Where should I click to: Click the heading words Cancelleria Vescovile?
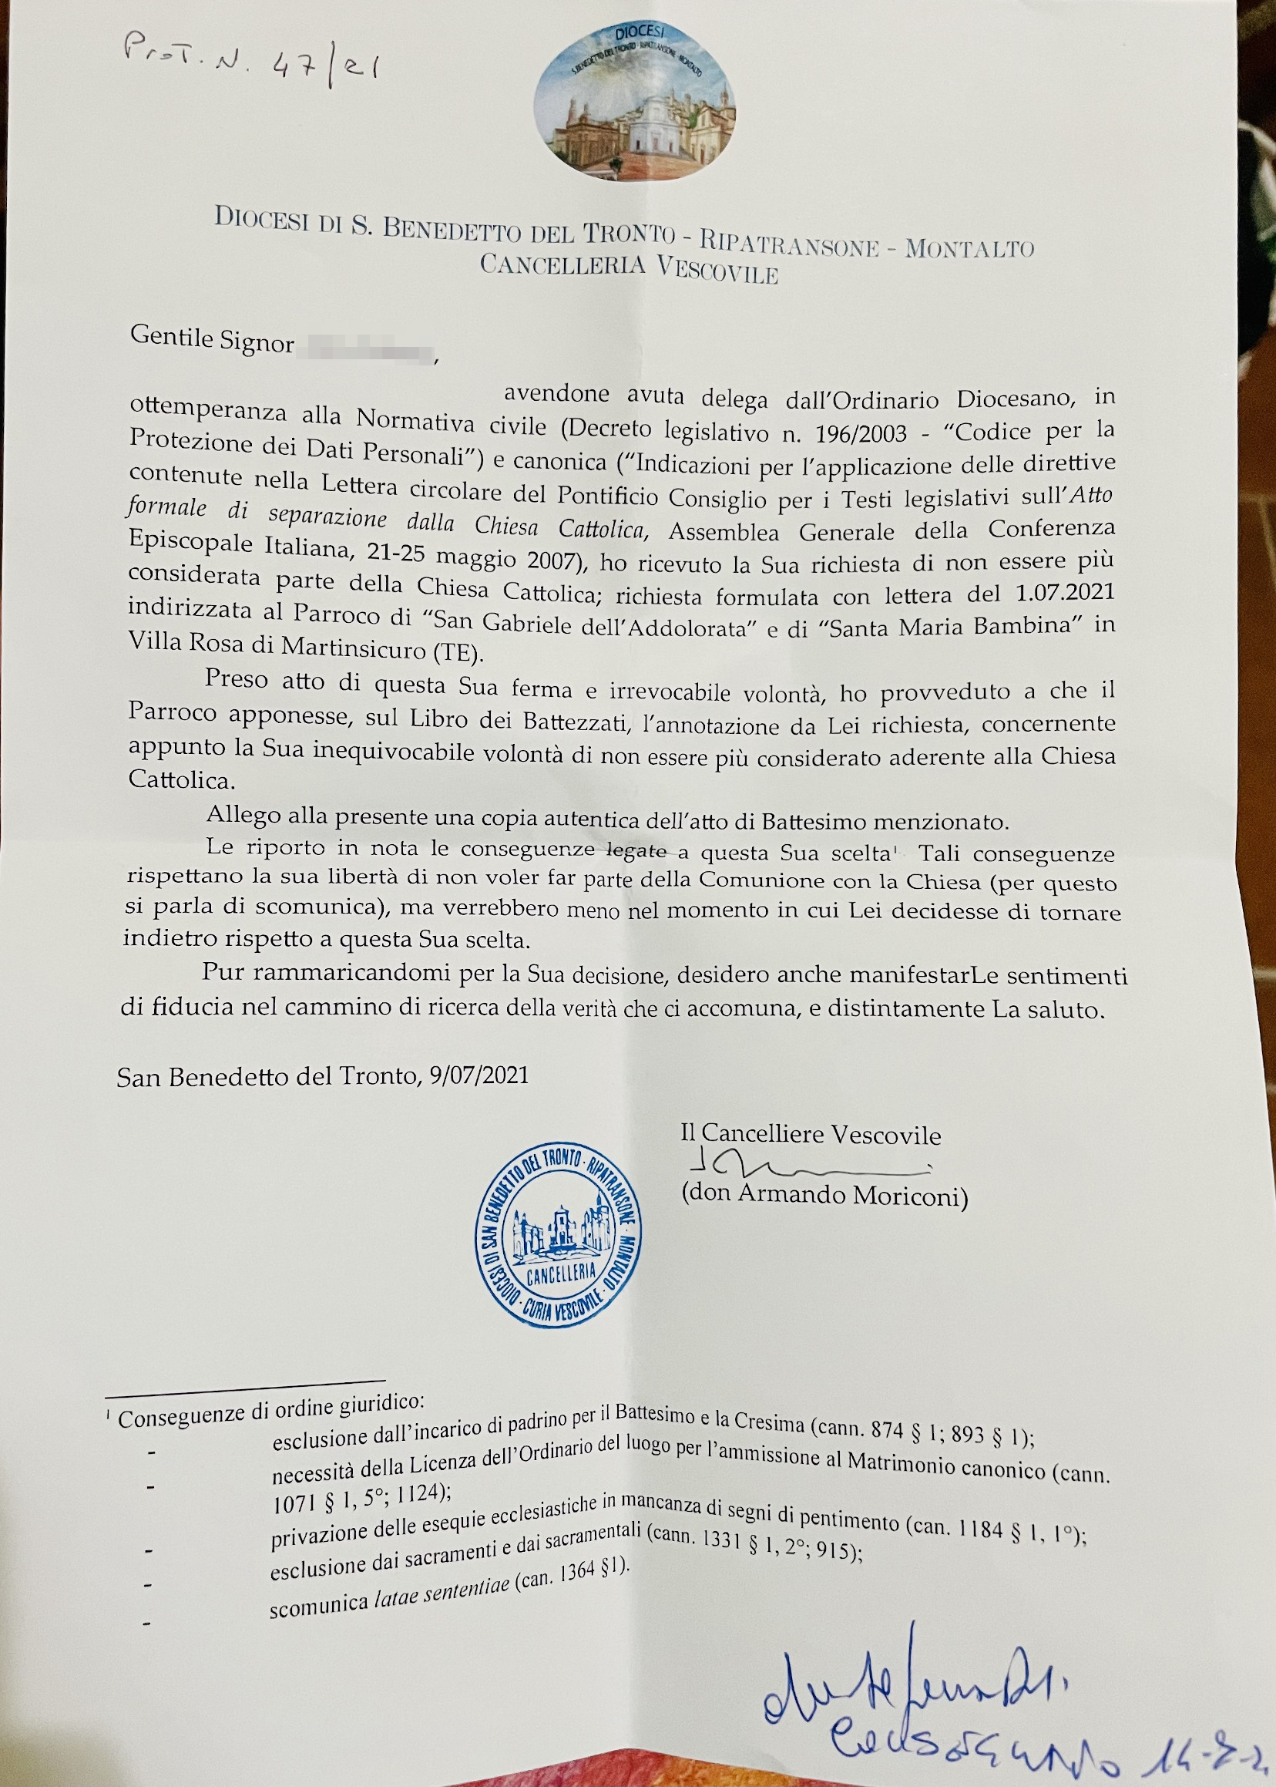(x=630, y=268)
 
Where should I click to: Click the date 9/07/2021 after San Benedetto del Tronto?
(x=479, y=1075)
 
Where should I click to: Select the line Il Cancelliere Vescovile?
(x=810, y=1134)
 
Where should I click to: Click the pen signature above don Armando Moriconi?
(x=801, y=1166)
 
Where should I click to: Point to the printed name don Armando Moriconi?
(x=824, y=1196)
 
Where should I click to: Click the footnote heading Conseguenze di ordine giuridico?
(x=270, y=1409)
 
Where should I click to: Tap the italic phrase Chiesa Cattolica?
(x=559, y=527)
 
